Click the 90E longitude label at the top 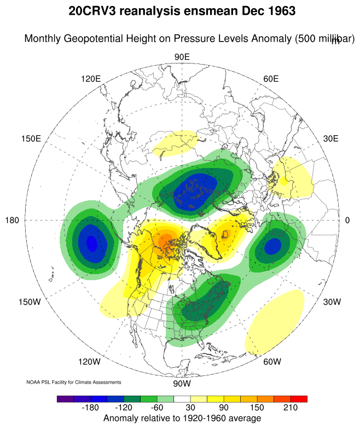click(x=182, y=57)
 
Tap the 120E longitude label click(x=91, y=78)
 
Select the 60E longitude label click(x=271, y=78)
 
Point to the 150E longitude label click(x=31, y=138)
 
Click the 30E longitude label click(x=331, y=138)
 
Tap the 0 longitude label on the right click(x=347, y=220)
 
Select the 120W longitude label click(x=90, y=362)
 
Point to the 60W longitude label click(x=272, y=362)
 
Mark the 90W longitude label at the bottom click(x=181, y=383)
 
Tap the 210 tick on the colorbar click(x=290, y=408)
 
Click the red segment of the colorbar click(x=299, y=399)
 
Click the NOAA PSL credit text click(x=74, y=382)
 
